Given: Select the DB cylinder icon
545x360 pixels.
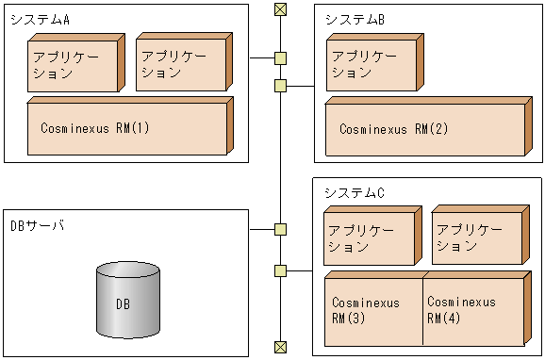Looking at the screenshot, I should click(x=128, y=302).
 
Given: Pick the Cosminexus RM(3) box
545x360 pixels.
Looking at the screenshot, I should click(x=372, y=311).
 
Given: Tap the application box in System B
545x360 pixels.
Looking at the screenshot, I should click(x=370, y=65).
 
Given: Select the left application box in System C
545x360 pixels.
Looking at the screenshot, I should click(x=368, y=239).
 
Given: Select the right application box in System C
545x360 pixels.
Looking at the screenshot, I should click(x=475, y=238).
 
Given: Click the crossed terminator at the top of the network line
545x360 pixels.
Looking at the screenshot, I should click(x=280, y=9).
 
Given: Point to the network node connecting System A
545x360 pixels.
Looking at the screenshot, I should click(x=280, y=58).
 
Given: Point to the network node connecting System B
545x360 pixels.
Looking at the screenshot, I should click(x=280, y=87).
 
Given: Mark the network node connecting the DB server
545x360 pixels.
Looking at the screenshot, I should click(x=280, y=229).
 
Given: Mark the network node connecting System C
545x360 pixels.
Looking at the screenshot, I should click(x=280, y=271).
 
